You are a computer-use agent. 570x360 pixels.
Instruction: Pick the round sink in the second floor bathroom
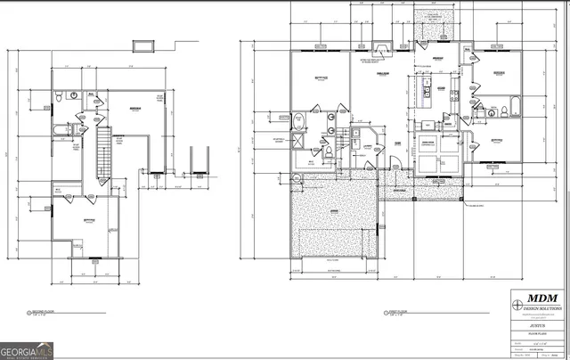coord(77,93)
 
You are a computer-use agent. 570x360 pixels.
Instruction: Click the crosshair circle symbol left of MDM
coord(519,304)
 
